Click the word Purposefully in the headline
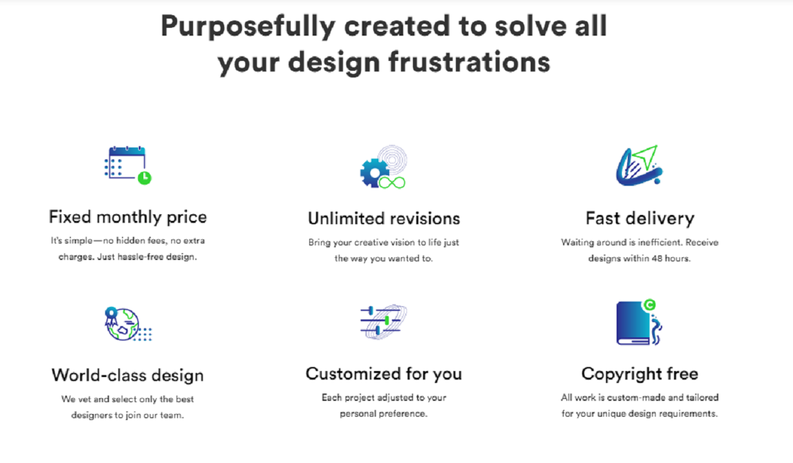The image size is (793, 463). click(248, 26)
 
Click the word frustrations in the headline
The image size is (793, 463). click(469, 62)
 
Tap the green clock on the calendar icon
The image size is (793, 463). click(145, 178)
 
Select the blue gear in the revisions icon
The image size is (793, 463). click(374, 173)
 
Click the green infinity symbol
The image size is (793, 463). click(392, 183)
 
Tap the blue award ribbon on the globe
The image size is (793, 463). click(111, 316)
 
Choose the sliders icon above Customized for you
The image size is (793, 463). click(383, 321)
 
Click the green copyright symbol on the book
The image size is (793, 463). click(650, 305)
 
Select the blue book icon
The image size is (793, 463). click(634, 323)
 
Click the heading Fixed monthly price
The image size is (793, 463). click(128, 218)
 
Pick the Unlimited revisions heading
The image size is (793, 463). click(384, 218)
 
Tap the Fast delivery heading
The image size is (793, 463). click(640, 218)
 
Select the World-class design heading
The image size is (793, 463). click(128, 376)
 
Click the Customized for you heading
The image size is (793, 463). click(384, 374)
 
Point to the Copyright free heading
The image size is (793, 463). click(640, 374)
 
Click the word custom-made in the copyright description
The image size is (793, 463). click(636, 398)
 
